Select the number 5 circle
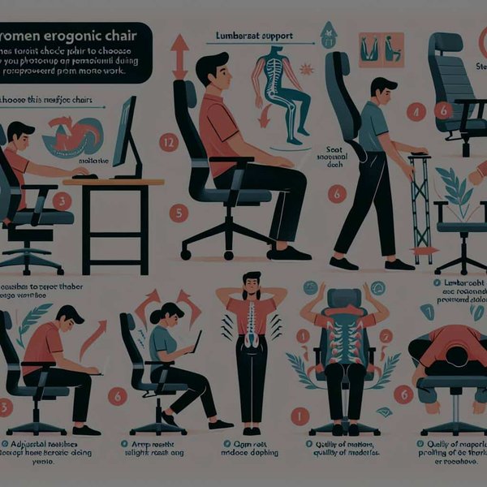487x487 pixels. tap(179, 213)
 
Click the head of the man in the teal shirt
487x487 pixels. tap(381, 88)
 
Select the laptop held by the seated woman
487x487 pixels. tap(196, 341)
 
